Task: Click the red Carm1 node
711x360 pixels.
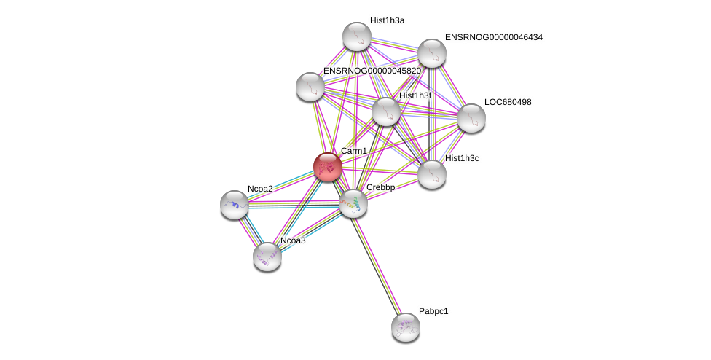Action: pyautogui.click(x=327, y=167)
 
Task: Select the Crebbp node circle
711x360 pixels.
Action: pyautogui.click(x=353, y=203)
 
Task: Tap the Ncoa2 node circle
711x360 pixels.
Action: pyautogui.click(x=235, y=205)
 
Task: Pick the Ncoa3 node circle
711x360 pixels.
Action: pyautogui.click(x=267, y=256)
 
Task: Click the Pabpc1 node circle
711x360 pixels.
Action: pyautogui.click(x=406, y=326)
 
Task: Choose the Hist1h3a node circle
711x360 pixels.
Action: pyautogui.click(x=357, y=36)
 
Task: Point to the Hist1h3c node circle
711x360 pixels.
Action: pyautogui.click(x=432, y=174)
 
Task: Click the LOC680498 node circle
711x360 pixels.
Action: pyautogui.click(x=471, y=118)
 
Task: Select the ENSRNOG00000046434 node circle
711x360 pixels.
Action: pyautogui.click(x=432, y=53)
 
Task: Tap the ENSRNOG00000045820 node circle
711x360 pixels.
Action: pyautogui.click(x=310, y=87)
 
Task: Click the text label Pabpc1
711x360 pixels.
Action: pyautogui.click(x=433, y=311)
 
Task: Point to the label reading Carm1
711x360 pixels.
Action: pyautogui.click(x=354, y=151)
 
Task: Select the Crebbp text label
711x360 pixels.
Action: pyautogui.click(x=380, y=187)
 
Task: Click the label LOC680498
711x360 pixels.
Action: pyautogui.click(x=508, y=102)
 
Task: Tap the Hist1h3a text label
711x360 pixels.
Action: pyautogui.click(x=387, y=20)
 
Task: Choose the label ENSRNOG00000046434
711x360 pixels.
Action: pyautogui.click(x=493, y=37)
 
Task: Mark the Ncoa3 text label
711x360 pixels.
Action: pyautogui.click(x=293, y=240)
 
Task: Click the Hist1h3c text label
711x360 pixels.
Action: pyautogui.click(x=462, y=158)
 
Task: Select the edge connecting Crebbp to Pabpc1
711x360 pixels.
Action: pyautogui.click(x=380, y=265)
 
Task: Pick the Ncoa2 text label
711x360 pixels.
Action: pyautogui.click(x=260, y=189)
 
